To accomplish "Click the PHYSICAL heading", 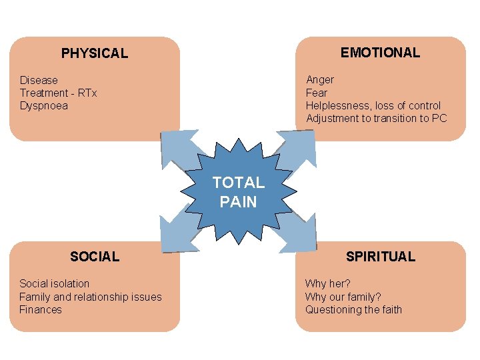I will (x=95, y=53).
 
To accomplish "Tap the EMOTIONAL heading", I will (x=380, y=52).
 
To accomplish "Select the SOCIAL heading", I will (x=95, y=256).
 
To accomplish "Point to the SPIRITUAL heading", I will (x=380, y=256).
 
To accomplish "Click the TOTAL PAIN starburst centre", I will (x=238, y=192).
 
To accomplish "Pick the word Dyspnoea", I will (x=44, y=105).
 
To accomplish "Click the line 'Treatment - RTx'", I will (x=58, y=93).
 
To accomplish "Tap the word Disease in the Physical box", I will (x=39, y=80).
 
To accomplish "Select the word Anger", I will (x=320, y=80).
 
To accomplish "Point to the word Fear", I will (x=317, y=93).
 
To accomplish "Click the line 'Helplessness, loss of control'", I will (x=373, y=105).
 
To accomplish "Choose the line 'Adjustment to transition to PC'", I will (x=376, y=118).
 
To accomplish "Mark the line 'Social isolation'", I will (x=54, y=284).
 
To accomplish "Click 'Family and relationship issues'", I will (x=90, y=297).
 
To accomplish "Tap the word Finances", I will (x=41, y=309).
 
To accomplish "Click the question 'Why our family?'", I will (x=342, y=297).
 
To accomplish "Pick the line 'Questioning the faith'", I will (x=353, y=309).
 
